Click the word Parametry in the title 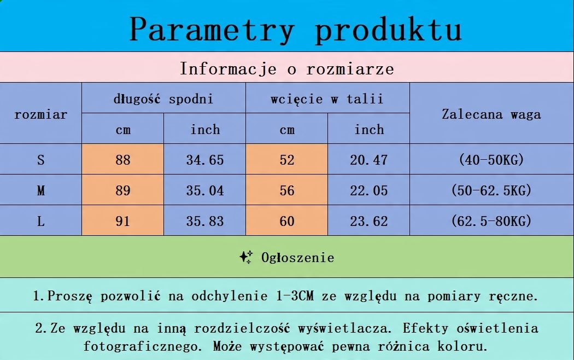[212, 30]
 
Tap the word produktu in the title [388, 30]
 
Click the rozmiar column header [40, 115]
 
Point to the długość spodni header [163, 99]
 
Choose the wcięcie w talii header [327, 99]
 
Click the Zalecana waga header [491, 114]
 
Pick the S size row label [40, 160]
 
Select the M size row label [40, 190]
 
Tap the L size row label [40, 221]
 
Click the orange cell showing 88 [122, 159]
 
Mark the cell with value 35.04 [204, 190]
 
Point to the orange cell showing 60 [286, 220]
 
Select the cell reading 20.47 [368, 159]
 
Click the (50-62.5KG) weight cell [491, 190]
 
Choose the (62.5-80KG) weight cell [491, 220]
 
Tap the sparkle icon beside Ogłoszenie [246, 257]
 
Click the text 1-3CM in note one [295, 296]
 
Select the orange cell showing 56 [286, 190]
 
